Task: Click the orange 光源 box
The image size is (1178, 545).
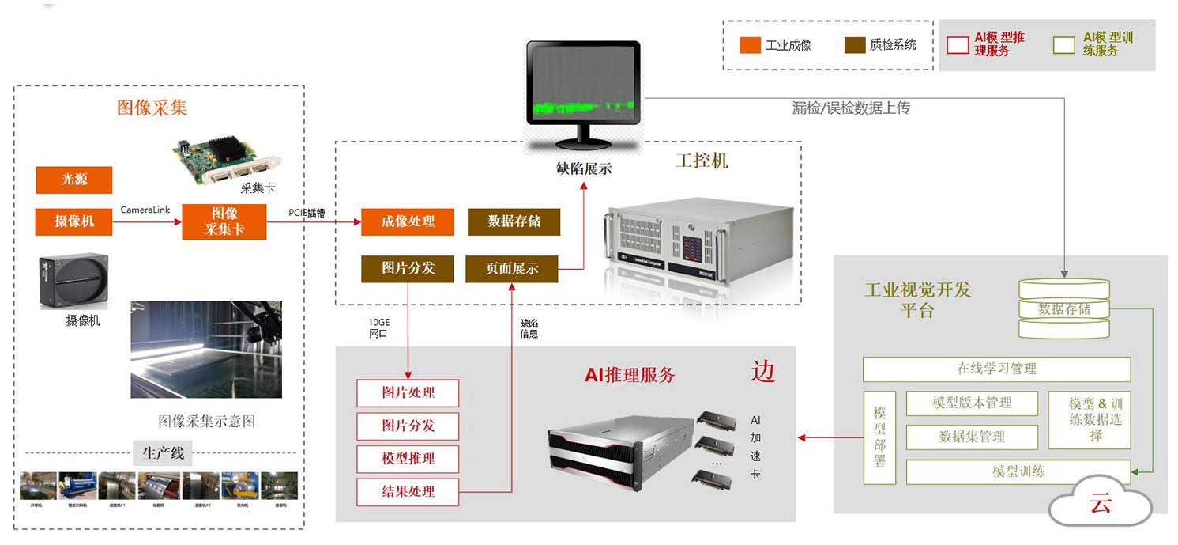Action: (x=73, y=180)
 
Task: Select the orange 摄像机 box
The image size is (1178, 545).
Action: (x=73, y=221)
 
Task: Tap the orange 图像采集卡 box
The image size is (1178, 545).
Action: (x=224, y=221)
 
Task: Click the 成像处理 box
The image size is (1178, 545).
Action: (x=408, y=221)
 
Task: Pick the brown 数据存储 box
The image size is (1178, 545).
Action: (x=514, y=221)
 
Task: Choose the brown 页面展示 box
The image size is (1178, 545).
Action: (x=512, y=269)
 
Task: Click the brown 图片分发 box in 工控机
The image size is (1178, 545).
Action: (x=408, y=269)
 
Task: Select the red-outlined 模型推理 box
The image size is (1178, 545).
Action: (x=408, y=459)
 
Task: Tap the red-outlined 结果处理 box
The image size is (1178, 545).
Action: (x=408, y=492)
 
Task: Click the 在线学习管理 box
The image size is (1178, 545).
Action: (x=996, y=369)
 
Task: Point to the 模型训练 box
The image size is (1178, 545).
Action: (x=1018, y=472)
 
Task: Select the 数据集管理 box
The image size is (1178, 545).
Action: (x=971, y=437)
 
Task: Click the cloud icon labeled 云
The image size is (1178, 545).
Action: (x=1100, y=503)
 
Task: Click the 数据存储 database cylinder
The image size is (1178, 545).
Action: (x=1063, y=309)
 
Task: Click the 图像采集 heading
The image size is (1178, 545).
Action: (x=152, y=108)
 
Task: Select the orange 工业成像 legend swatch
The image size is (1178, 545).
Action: (x=750, y=45)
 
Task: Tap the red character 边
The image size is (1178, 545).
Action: (x=762, y=371)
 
